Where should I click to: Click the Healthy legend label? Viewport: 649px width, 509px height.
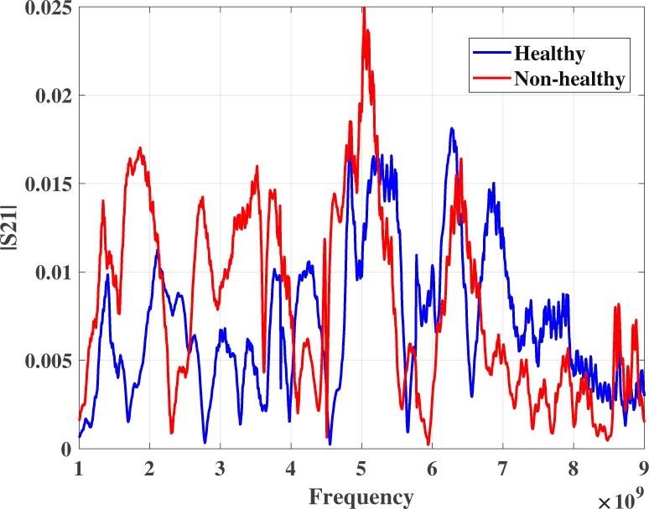pos(549,54)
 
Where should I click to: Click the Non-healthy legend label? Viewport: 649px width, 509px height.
pos(569,79)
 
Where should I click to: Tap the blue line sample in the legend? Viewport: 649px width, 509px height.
pos(491,54)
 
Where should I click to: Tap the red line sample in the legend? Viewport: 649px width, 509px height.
pos(491,79)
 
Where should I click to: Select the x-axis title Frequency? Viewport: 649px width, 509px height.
pos(361,496)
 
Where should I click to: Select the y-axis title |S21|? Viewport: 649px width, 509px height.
pos(12,226)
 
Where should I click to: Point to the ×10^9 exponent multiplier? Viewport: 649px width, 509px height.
pos(621,501)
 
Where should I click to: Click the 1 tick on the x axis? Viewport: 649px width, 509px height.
pos(79,465)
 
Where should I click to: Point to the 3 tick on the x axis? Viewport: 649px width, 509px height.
pos(220,465)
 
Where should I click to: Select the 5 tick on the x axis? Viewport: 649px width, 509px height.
pos(361,465)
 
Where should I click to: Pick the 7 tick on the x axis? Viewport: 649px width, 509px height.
pos(502,465)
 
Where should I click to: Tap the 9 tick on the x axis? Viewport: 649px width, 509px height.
pos(643,465)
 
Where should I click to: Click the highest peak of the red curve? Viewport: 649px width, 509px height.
pos(364,8)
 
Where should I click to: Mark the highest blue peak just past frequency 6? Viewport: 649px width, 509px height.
pos(451,128)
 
